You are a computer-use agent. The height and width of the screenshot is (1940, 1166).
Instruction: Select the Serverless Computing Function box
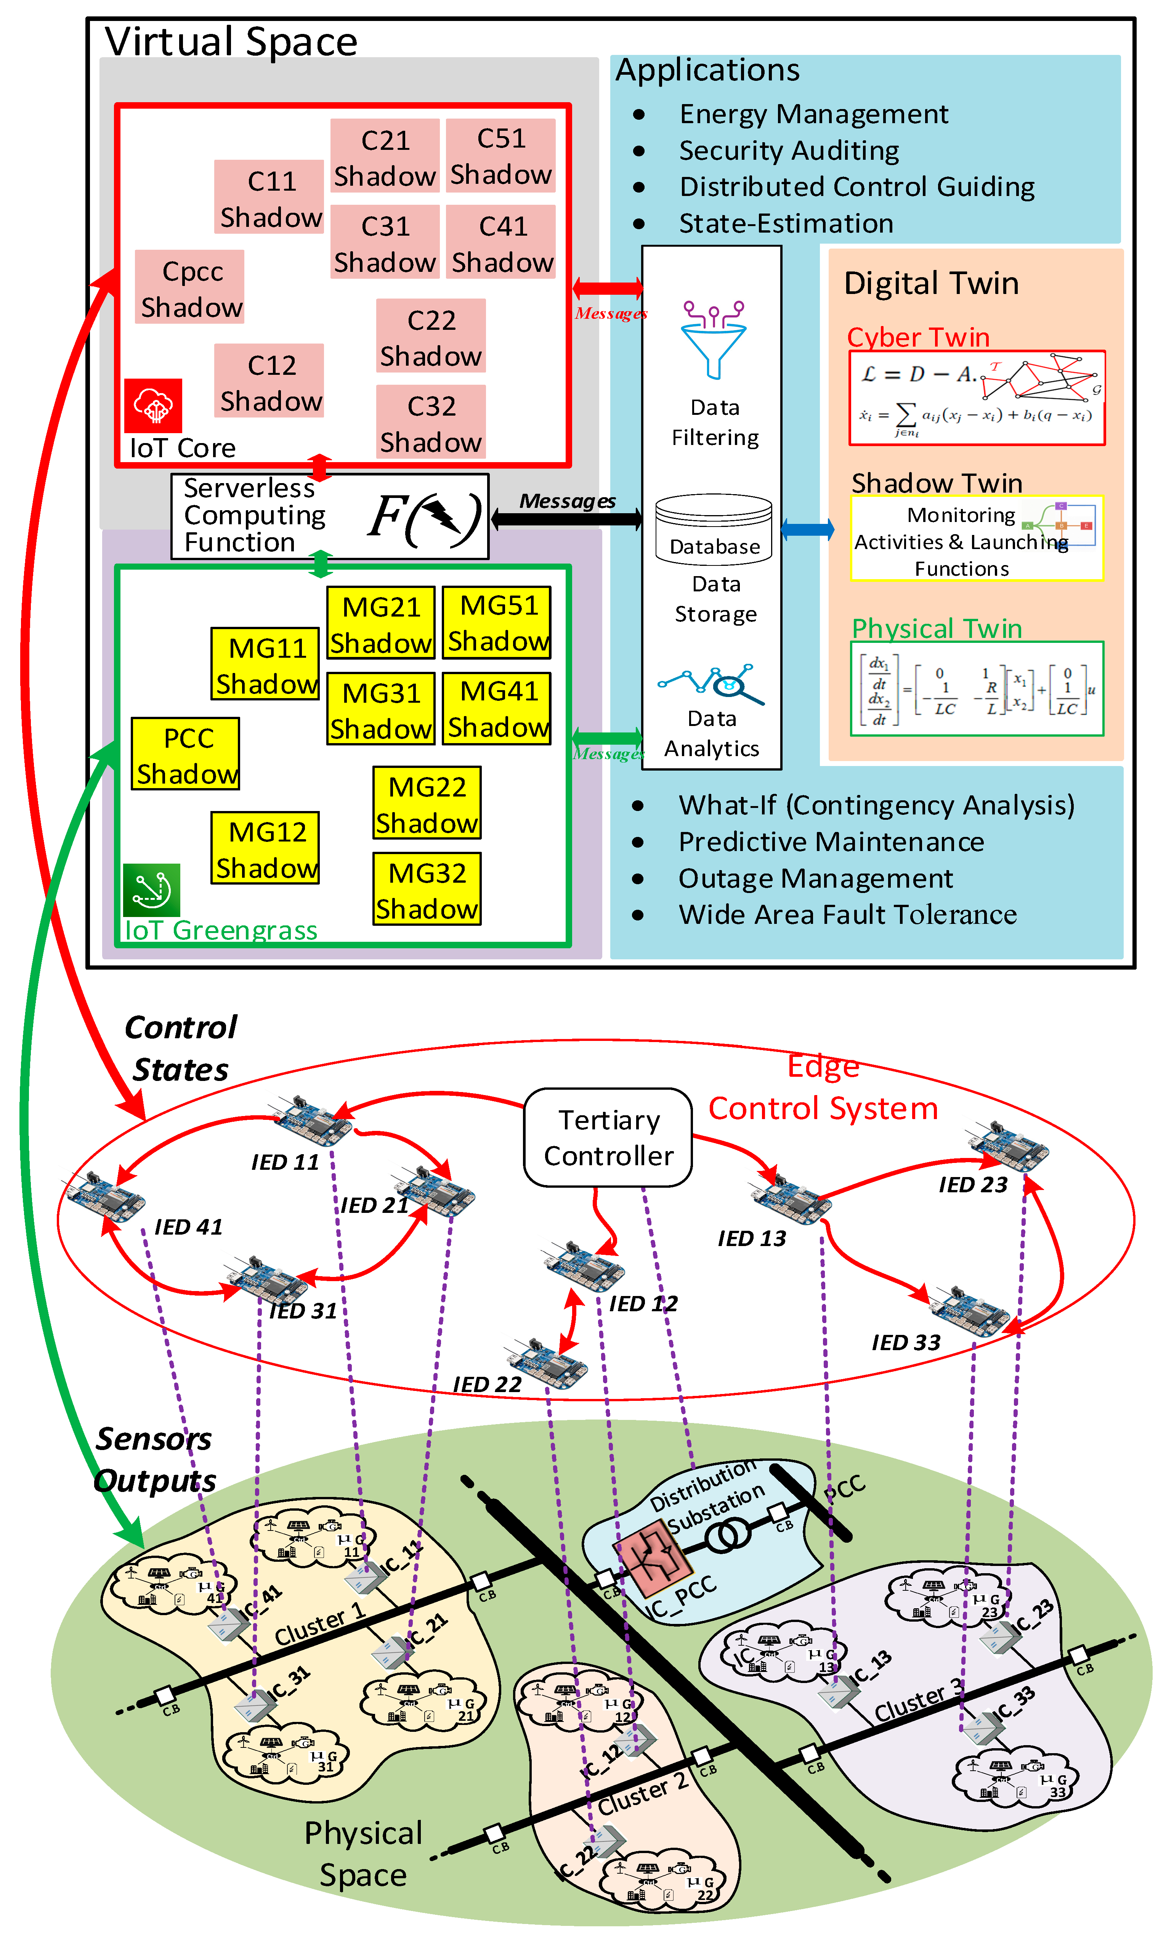point(330,516)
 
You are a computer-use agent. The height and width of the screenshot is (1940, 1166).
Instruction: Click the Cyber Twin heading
point(918,337)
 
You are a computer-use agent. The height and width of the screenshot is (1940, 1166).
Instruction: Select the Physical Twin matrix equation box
point(977,688)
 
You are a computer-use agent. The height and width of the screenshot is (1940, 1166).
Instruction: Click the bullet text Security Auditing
point(789,150)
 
